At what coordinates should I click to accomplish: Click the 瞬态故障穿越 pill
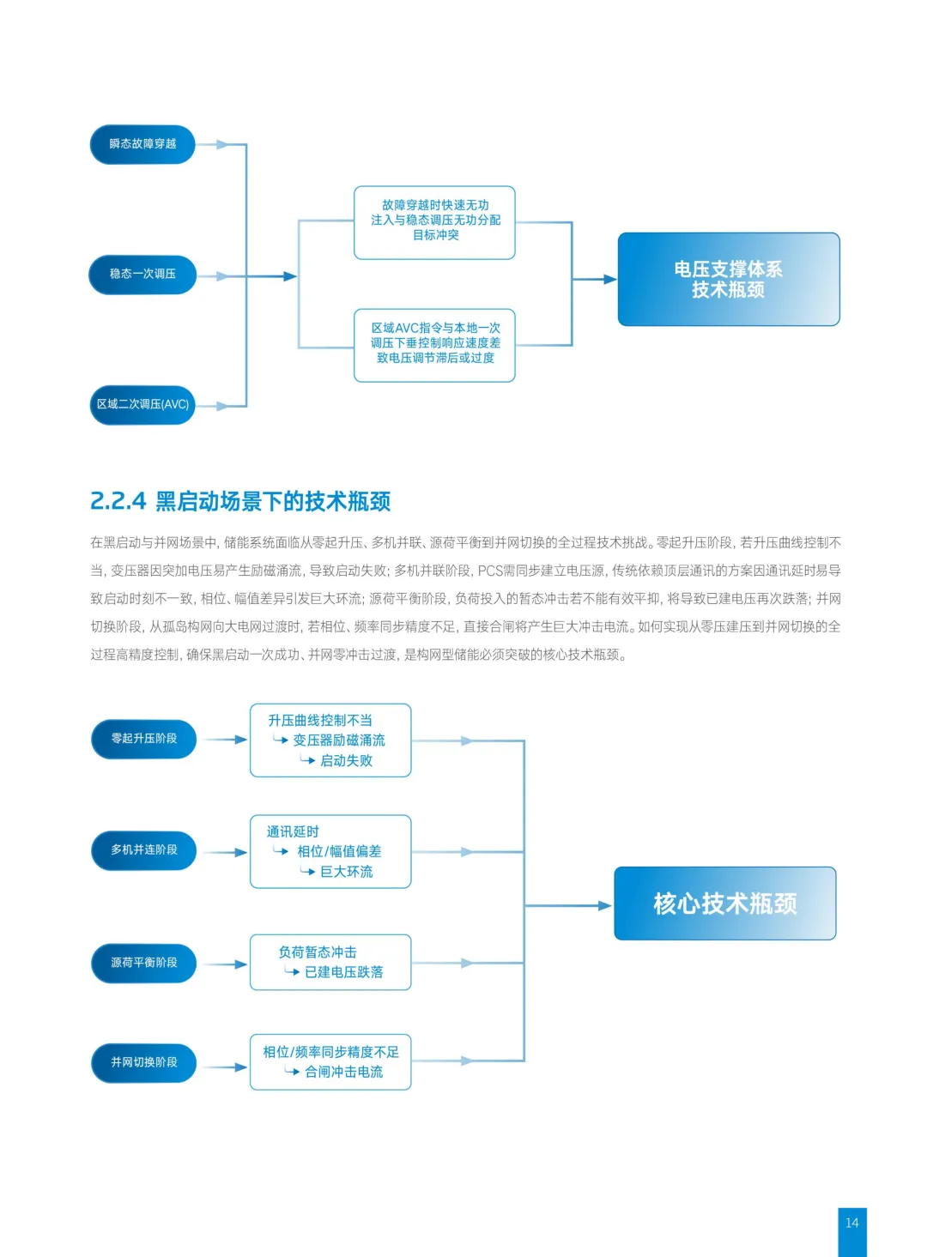[142, 144]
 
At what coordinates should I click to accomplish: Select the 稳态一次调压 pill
[142, 275]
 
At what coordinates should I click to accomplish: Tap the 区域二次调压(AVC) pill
[142, 404]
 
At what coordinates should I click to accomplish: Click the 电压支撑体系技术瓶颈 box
[728, 279]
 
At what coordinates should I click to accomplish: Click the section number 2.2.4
[118, 501]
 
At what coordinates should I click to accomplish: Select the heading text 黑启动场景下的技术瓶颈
[273, 501]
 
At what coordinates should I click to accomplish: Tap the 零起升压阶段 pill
[143, 739]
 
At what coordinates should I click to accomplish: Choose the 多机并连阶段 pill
[143, 850]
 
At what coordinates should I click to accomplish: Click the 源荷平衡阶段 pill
[143, 963]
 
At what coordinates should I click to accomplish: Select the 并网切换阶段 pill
[143, 1062]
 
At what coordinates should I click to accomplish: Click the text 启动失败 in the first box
[346, 761]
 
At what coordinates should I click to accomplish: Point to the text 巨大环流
[346, 872]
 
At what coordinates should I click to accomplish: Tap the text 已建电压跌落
[343, 972]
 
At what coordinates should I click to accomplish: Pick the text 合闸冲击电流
[343, 1072]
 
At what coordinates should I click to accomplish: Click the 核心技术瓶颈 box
[724, 903]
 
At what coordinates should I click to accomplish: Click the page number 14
[851, 1223]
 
